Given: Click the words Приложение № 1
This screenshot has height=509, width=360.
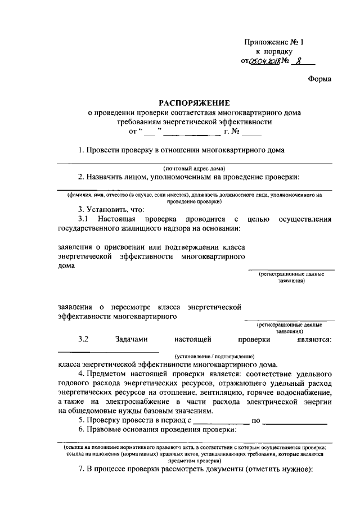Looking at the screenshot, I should [x=274, y=43].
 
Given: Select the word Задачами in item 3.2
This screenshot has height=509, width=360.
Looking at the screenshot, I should [x=132, y=339].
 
